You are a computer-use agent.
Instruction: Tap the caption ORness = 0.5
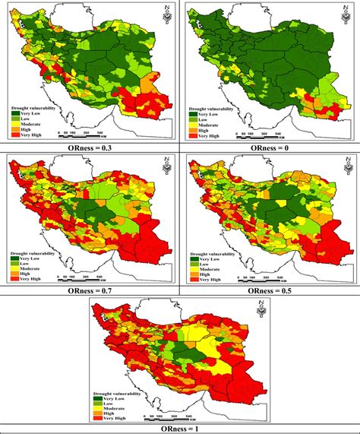click(x=267, y=289)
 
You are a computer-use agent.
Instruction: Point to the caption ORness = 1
click(x=179, y=428)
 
